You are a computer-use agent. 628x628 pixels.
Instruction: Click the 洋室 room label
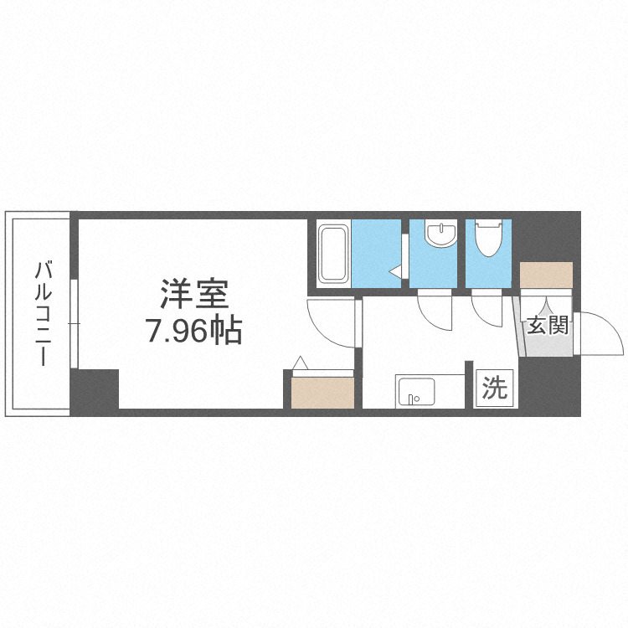pos(194,296)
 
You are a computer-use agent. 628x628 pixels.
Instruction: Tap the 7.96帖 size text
pos(194,332)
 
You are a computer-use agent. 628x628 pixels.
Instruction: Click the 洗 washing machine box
pos(495,389)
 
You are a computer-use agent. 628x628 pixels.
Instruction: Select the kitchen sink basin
pos(414,391)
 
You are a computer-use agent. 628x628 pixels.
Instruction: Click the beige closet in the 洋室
pos(322,392)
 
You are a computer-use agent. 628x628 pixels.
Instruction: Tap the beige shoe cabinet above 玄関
pos(546,275)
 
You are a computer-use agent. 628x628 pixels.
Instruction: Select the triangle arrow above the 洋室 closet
pos(301,364)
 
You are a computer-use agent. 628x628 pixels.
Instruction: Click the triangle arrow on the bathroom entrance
pos(396,271)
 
